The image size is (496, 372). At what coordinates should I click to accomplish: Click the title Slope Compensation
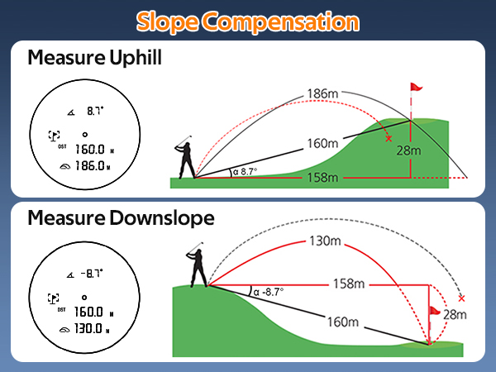[x=248, y=19]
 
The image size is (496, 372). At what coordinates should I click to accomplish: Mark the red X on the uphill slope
[x=389, y=139]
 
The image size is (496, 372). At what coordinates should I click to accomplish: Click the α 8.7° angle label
[x=245, y=172]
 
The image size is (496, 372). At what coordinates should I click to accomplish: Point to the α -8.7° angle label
[x=269, y=291]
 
